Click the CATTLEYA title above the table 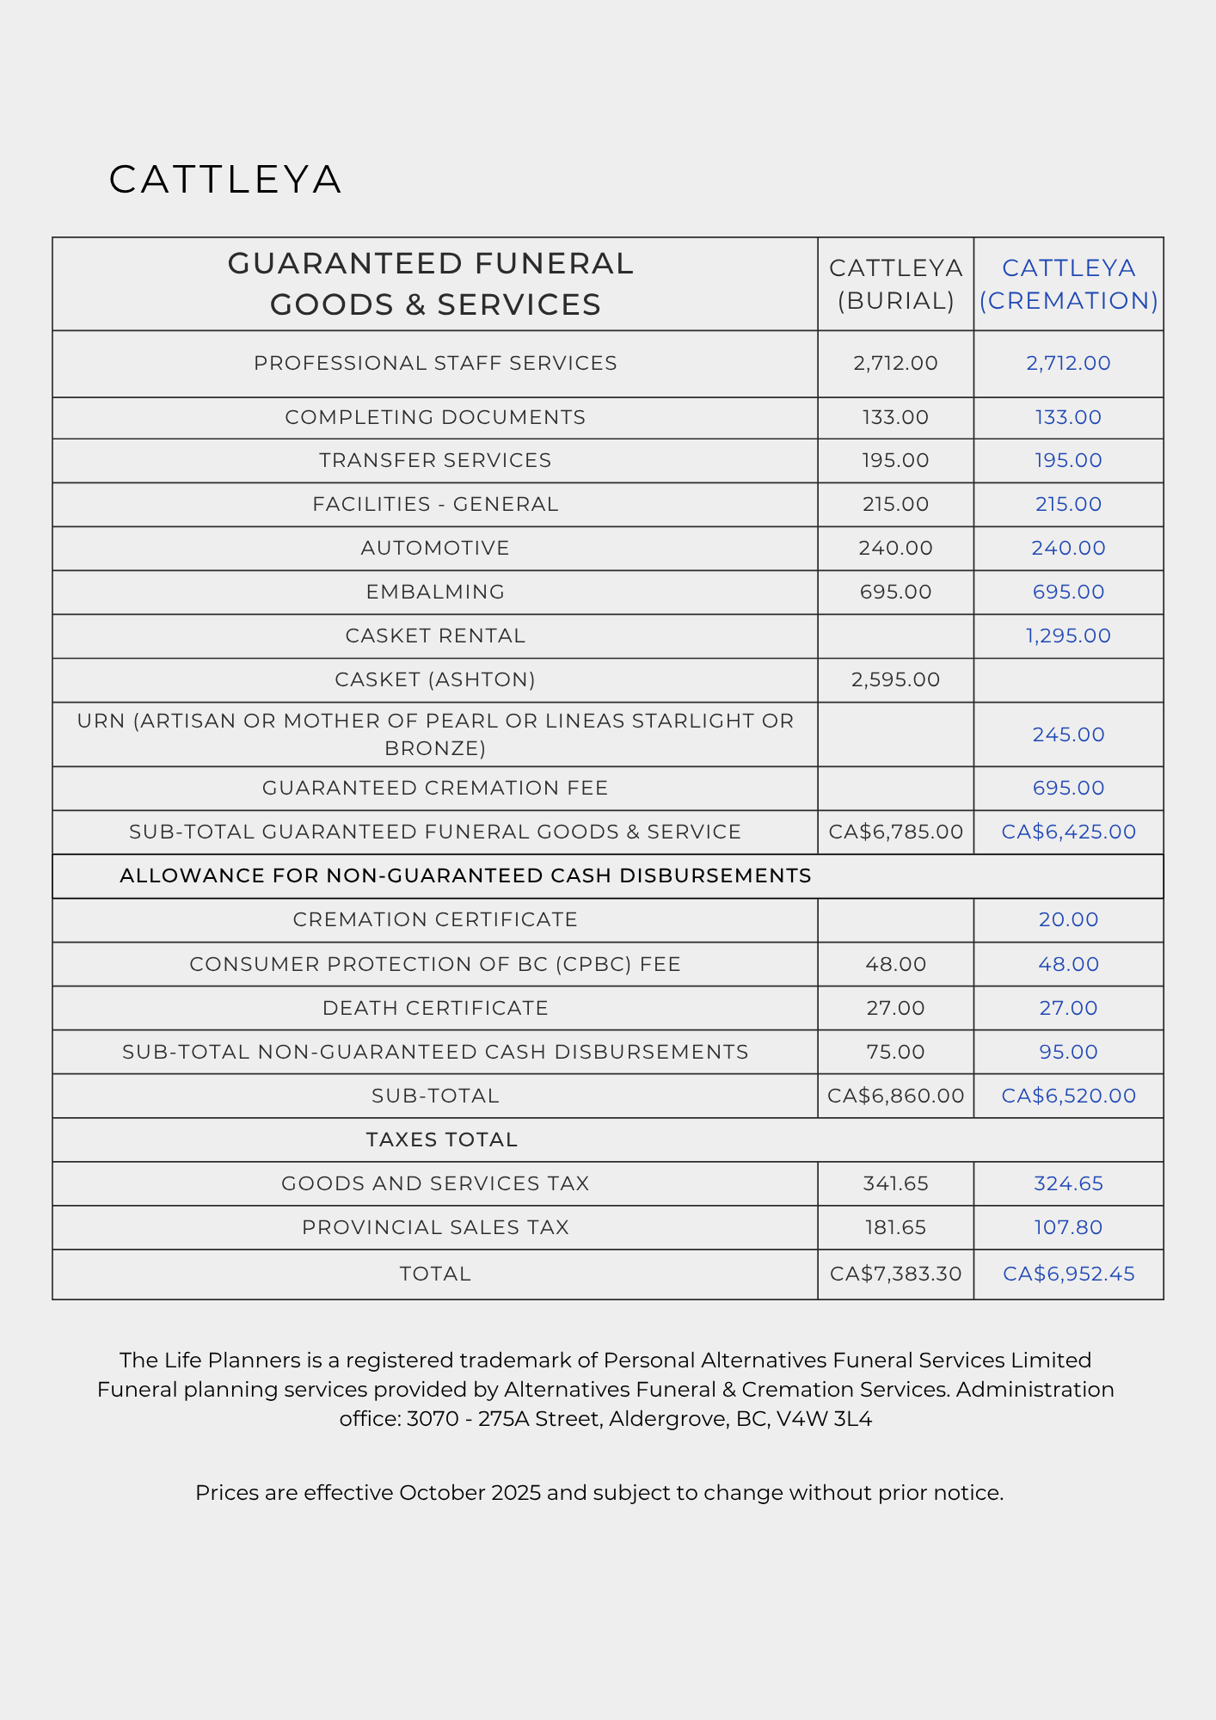[x=225, y=180]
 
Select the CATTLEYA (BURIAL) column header [x=895, y=284]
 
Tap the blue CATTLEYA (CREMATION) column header [x=1068, y=284]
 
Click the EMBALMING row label [x=435, y=592]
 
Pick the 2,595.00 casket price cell [x=895, y=679]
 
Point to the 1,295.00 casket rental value [x=1068, y=636]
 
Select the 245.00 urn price [x=1068, y=734]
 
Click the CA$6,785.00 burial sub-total [x=895, y=832]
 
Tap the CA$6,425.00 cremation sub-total [x=1068, y=832]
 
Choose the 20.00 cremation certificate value [x=1068, y=919]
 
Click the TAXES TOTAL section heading [x=442, y=1139]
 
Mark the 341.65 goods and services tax [x=895, y=1183]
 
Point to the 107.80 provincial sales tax [x=1068, y=1227]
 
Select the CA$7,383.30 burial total [x=895, y=1274]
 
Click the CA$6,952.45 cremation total [x=1068, y=1274]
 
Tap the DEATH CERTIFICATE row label [x=435, y=1008]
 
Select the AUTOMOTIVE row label [x=435, y=548]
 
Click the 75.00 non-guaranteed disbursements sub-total [x=895, y=1052]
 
